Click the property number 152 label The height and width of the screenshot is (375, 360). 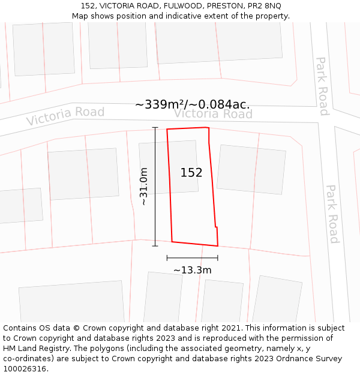(x=191, y=173)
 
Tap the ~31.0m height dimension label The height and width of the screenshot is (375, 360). (x=144, y=187)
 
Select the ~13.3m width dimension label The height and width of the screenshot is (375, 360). (x=192, y=270)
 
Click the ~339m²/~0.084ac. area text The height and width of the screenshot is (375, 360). (x=192, y=104)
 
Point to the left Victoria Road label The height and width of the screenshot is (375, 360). (x=65, y=116)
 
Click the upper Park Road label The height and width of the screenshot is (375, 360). (x=323, y=86)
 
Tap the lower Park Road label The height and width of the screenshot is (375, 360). (x=332, y=213)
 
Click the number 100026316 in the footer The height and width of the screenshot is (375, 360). (x=25, y=369)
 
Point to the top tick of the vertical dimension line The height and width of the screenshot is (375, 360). (x=155, y=127)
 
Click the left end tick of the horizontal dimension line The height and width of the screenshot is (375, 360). (x=167, y=258)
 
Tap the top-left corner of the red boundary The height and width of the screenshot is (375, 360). (x=167, y=129)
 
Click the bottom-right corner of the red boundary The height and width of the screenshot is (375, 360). (x=218, y=246)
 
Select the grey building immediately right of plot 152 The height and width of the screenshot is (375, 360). (x=250, y=169)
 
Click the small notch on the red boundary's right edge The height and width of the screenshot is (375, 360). (x=216, y=227)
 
